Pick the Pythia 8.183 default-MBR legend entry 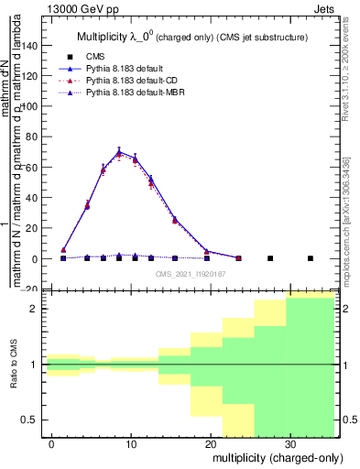coord(126,93)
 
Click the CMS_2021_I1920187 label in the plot coord(190,273)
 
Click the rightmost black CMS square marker coord(310,258)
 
